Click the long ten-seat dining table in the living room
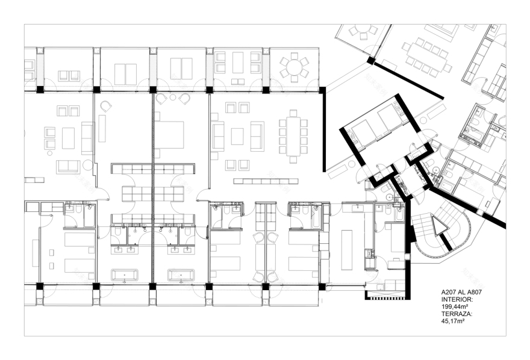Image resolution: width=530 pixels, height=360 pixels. click(x=293, y=136)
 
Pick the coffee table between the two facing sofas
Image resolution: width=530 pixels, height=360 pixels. click(x=237, y=137)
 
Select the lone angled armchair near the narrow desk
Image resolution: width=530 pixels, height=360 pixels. click(x=106, y=107)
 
